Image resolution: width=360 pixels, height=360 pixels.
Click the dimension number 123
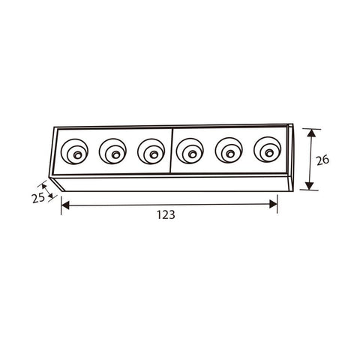click(166, 214)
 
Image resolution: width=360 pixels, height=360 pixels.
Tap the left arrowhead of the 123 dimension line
click(64, 203)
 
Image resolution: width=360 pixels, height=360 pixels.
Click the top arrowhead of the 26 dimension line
click(311, 132)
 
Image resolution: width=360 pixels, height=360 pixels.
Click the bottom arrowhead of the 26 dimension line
click(311, 186)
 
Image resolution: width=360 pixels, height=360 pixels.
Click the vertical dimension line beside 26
click(311, 159)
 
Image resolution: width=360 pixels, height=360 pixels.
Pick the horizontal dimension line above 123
click(169, 203)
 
